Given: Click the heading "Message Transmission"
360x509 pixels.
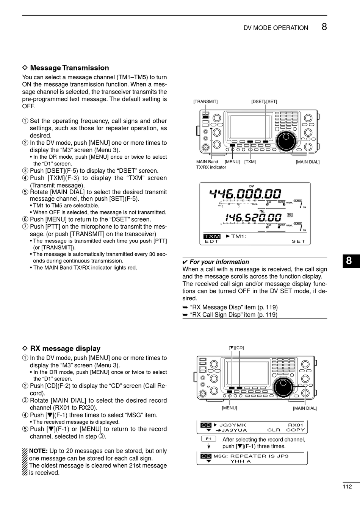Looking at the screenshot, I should click(x=69, y=68).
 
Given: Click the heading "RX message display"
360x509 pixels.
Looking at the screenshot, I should click(x=65, y=348).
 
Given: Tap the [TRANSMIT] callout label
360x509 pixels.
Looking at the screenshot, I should click(x=205, y=101).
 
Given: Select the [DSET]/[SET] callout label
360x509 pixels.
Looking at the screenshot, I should click(x=264, y=101).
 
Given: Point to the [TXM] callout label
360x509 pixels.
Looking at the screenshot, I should click(x=250, y=162).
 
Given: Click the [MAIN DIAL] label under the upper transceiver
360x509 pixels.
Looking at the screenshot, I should click(x=307, y=162).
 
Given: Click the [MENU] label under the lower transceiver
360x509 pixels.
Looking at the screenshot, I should click(x=229, y=408).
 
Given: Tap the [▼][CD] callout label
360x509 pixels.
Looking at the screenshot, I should click(x=236, y=348).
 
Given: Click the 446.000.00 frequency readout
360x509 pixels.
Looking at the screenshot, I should click(x=246, y=194).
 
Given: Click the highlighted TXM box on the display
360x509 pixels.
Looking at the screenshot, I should click(x=212, y=236).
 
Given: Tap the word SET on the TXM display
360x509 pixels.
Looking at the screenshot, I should click(x=298, y=241).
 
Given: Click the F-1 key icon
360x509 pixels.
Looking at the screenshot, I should click(x=208, y=439).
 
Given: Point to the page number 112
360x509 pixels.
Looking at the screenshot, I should click(x=347, y=487).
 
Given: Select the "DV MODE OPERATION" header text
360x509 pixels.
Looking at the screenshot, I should click(x=275, y=28).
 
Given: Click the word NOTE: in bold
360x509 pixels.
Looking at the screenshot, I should click(x=38, y=451).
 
